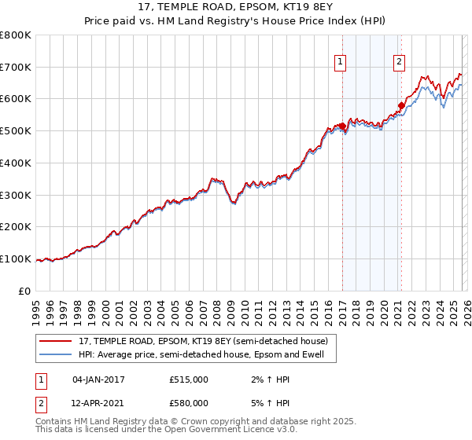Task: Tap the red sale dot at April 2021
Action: click(401, 105)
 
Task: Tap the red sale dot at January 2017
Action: click(342, 126)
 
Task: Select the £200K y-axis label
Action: click(16, 227)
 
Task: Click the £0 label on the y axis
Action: click(25, 291)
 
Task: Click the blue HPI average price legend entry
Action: click(206, 355)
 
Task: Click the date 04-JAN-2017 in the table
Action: click(98, 379)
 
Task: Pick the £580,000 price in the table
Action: click(189, 402)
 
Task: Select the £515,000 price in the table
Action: click(189, 379)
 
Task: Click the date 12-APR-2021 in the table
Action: click(98, 402)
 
